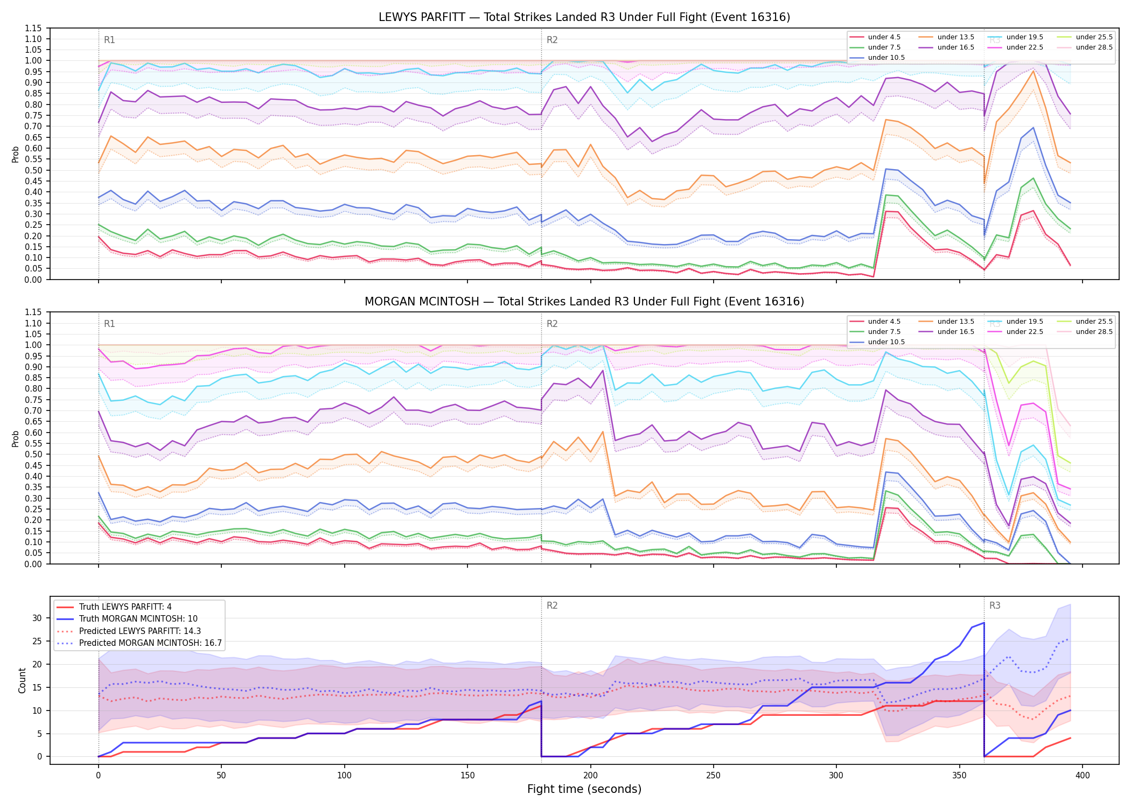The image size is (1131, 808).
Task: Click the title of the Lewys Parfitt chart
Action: point(584,17)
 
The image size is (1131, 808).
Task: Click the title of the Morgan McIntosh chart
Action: point(584,302)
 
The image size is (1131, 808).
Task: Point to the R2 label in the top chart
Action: point(552,40)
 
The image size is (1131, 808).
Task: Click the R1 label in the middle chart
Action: point(109,324)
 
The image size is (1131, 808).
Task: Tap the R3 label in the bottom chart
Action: point(995,605)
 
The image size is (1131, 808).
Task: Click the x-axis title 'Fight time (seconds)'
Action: point(584,789)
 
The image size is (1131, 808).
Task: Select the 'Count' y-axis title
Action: point(22,680)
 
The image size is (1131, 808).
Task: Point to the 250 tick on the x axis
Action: point(714,776)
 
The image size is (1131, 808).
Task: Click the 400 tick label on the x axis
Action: point(1083,776)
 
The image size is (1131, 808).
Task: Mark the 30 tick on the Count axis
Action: point(37,618)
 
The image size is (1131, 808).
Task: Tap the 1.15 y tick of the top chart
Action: point(34,28)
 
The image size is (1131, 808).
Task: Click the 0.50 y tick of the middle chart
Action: point(34,454)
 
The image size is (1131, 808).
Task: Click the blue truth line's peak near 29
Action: point(984,623)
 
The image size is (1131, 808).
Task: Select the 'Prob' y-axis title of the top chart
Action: point(15,154)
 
